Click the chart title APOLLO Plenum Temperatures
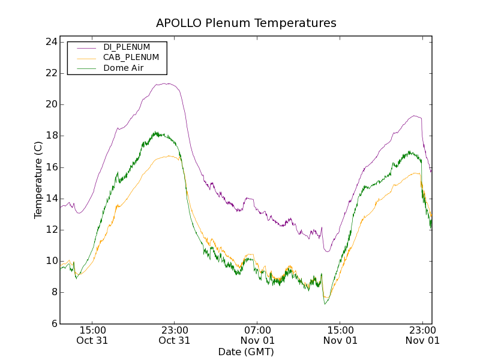(246, 23)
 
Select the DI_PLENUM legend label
(127, 47)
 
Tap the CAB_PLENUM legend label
(131, 58)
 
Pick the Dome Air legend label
(123, 68)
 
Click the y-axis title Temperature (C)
(38, 180)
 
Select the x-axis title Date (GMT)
(246, 352)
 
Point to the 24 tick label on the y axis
(50, 42)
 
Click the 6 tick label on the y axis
(53, 323)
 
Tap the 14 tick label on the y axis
(50, 199)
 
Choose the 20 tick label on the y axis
(50, 104)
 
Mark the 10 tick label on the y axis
(50, 261)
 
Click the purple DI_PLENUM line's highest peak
(169, 83)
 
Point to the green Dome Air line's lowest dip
(325, 304)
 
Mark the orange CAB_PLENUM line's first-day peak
(170, 156)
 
